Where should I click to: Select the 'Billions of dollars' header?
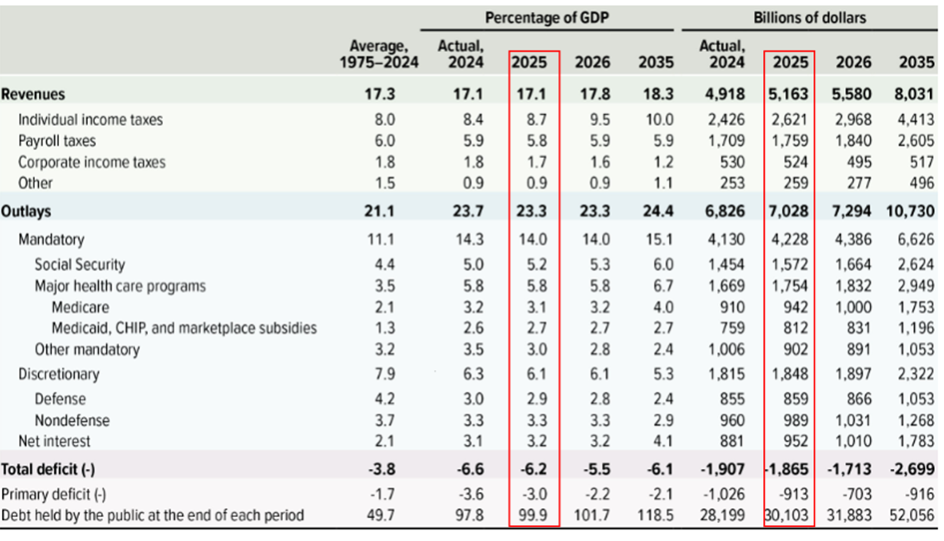coord(809,18)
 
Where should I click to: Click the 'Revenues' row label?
coord(33,95)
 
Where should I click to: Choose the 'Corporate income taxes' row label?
coord(91,162)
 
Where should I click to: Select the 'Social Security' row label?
coord(80,265)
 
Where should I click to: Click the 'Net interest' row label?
coord(55,440)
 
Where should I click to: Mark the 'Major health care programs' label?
coord(120,286)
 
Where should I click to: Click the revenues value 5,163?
coord(789,95)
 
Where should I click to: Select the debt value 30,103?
coord(789,515)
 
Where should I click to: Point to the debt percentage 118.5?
coord(653,515)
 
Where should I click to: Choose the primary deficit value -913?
coord(795,494)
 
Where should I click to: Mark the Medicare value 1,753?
coord(914,307)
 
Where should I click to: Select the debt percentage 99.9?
coord(533,515)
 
